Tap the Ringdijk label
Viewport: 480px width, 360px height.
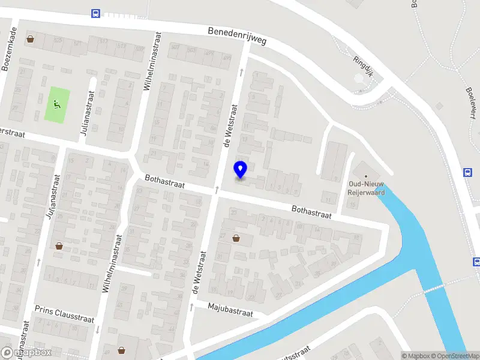(362, 63)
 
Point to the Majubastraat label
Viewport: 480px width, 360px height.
(230, 310)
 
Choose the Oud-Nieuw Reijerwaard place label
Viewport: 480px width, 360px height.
(367, 188)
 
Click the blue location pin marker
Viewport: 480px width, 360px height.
(241, 170)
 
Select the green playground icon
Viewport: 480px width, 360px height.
(58, 105)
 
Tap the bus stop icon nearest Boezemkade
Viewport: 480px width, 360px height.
(95, 14)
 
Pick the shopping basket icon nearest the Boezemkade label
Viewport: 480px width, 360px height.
(30, 40)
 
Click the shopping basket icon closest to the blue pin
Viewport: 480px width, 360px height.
(236, 238)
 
